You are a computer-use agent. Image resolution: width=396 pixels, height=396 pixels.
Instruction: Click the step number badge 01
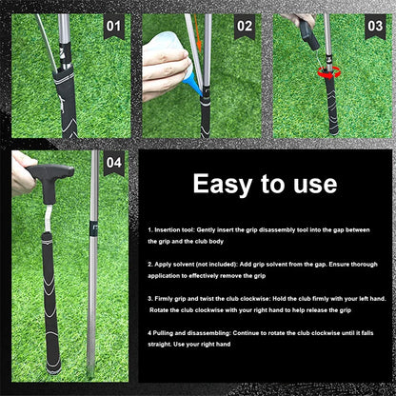point(113,27)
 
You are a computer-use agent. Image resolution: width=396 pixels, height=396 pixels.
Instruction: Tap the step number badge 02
point(245,27)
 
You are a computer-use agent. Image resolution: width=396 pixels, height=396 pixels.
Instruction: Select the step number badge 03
point(375,27)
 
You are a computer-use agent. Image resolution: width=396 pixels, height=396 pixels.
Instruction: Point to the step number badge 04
point(113,163)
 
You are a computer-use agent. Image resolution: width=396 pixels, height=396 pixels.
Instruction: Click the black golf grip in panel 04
point(47,305)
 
